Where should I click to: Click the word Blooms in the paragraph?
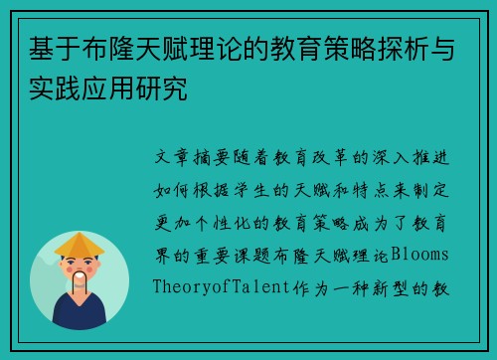point(419,256)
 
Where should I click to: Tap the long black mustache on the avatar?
point(80,279)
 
